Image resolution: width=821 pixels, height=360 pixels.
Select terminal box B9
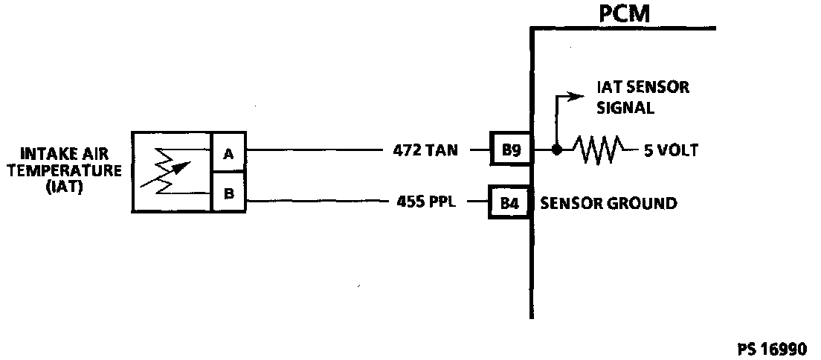[509, 150]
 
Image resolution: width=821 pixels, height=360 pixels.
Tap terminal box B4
[509, 202]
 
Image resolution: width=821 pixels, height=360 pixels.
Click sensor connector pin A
[229, 153]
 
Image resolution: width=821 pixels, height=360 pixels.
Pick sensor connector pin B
[229, 195]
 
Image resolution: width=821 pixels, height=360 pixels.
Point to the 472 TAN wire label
[425, 150]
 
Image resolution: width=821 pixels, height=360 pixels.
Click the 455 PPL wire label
[425, 202]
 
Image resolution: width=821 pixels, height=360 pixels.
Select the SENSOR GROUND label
[608, 202]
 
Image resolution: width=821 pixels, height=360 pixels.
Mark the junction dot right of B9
[556, 150]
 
